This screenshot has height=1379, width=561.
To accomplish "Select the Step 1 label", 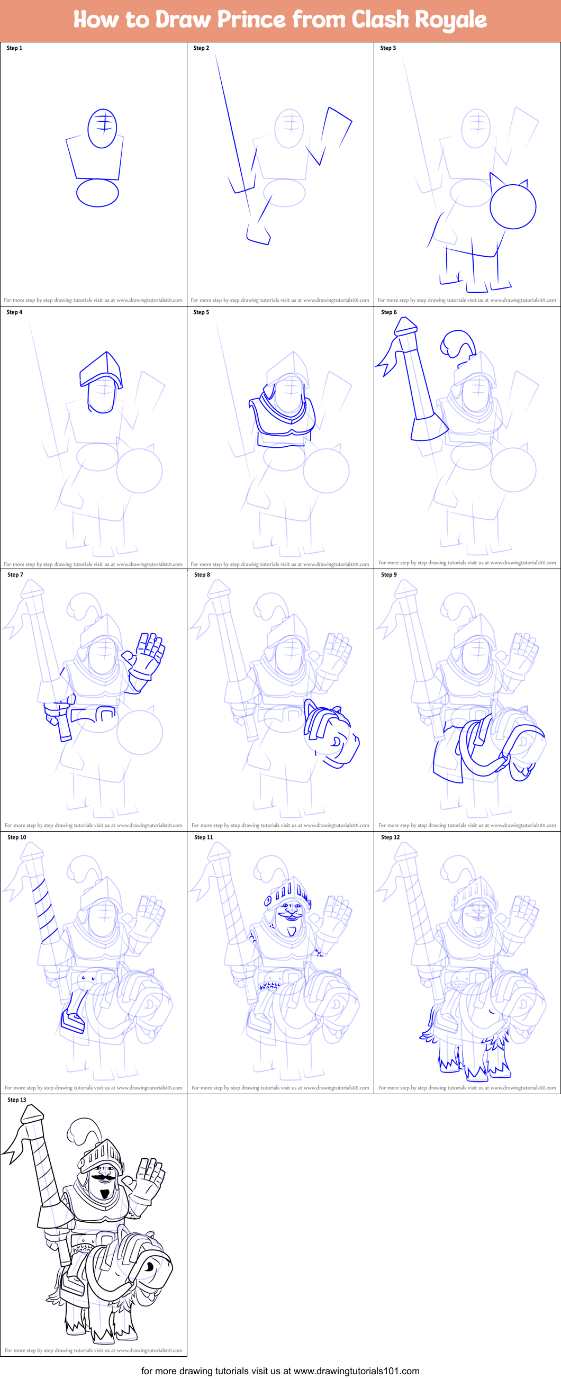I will point(14,48).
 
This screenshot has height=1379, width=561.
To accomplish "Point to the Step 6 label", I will point(388,312).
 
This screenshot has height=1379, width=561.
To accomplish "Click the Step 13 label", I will point(16,1099).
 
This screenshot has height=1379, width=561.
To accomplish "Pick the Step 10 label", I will point(16,837).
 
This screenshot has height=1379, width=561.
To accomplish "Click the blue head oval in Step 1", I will point(102,128).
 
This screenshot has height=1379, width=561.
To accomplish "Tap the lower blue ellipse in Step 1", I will point(97,193).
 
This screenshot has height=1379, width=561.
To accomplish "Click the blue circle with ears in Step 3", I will point(512,205).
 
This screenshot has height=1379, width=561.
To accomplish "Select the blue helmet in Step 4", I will point(102,370).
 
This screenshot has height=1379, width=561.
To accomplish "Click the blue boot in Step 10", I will point(73,1020).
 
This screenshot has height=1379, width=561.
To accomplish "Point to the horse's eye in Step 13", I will point(149,1267).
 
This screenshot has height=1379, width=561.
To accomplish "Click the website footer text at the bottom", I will point(280,1371).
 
